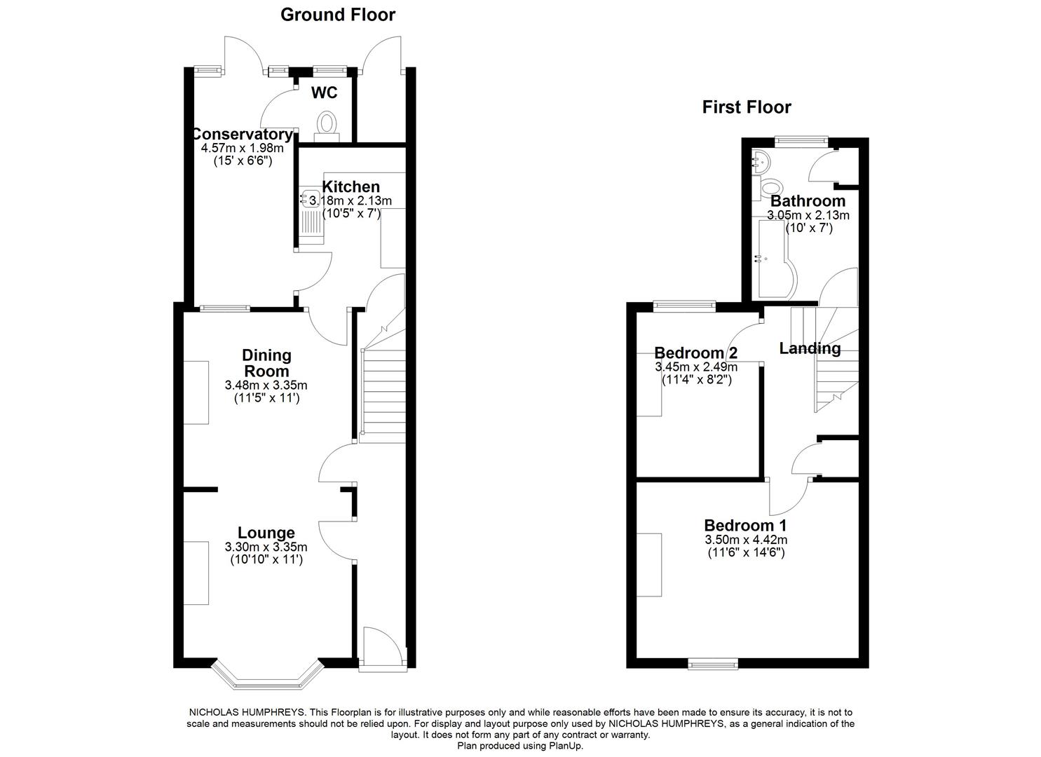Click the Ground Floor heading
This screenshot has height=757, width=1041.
click(x=337, y=15)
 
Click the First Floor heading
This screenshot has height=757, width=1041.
click(x=747, y=107)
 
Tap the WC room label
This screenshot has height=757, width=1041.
click(x=324, y=93)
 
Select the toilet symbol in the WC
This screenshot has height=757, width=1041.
click(x=327, y=125)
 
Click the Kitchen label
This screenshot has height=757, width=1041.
click(x=351, y=186)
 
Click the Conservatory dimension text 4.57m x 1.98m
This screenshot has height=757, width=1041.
click(x=242, y=148)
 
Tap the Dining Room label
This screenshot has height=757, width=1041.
click(x=266, y=363)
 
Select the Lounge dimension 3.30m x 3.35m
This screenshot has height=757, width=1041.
click(x=266, y=547)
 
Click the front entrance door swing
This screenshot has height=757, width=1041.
click(x=382, y=645)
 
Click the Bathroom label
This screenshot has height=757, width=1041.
click(x=808, y=201)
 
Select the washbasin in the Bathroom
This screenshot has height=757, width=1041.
click(x=761, y=161)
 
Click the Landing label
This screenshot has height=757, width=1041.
click(x=810, y=348)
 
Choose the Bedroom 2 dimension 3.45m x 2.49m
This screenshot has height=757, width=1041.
click(x=695, y=367)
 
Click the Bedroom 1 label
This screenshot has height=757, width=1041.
click(x=745, y=525)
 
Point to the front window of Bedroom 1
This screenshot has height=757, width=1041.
click(x=712, y=663)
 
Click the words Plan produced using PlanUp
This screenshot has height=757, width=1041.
click(x=520, y=746)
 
